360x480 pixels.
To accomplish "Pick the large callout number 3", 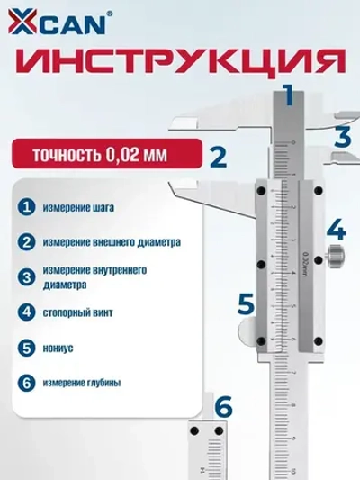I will coord(341,137).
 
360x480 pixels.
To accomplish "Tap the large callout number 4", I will coord(335,226).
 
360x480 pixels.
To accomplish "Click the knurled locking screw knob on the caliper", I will coord(336,257).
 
